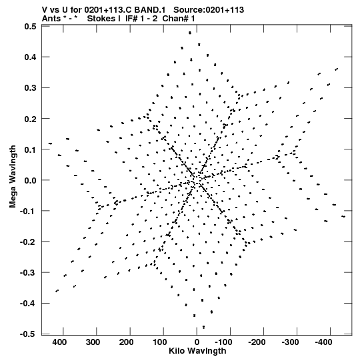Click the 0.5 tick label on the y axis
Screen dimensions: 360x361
pyautogui.click(x=30, y=27)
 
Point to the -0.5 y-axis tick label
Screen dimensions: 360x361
pyautogui.click(x=28, y=334)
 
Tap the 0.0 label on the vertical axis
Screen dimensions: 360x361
pyautogui.click(x=30, y=180)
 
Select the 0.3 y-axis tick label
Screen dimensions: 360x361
pyautogui.click(x=30, y=88)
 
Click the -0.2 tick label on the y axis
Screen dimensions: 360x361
pyautogui.click(x=28, y=242)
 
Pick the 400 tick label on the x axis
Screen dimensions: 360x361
pyautogui.click(x=59, y=342)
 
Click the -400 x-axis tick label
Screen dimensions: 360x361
pyautogui.click(x=323, y=342)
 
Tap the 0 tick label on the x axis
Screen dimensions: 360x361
pyautogui.click(x=197, y=342)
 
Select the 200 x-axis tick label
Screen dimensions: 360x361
pyautogui.click(x=126, y=342)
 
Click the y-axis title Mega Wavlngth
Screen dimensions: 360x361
pyautogui.click(x=13, y=177)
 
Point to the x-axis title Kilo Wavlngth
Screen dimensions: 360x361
pyautogui.click(x=197, y=351)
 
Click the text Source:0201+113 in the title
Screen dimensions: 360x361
pyautogui.click(x=209, y=10)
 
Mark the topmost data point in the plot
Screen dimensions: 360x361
pyautogui.click(x=190, y=33)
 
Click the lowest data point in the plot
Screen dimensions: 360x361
pyautogui.click(x=203, y=327)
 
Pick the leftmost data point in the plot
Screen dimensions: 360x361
pyautogui.click(x=50, y=143)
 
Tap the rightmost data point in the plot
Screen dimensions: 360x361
pyautogui.click(x=343, y=216)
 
